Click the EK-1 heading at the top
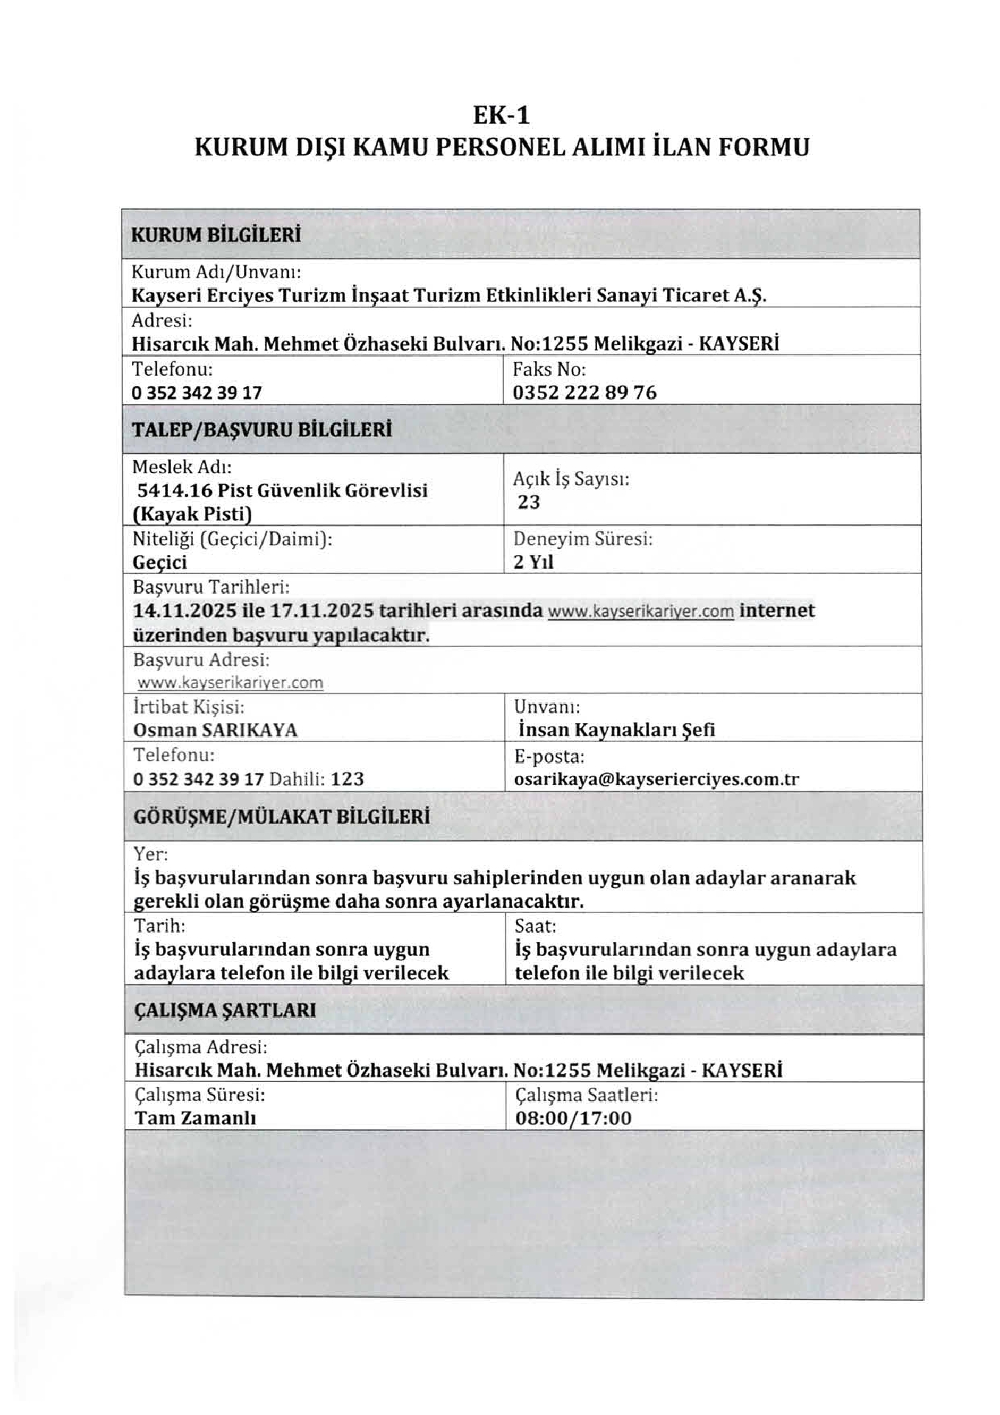[x=501, y=116]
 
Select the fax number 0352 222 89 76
[x=584, y=393]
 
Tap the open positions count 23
[x=529, y=503]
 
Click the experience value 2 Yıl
[x=534, y=562]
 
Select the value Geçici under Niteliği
[x=160, y=563]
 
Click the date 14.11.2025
[x=185, y=611]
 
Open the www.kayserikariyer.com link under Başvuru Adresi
[x=231, y=683]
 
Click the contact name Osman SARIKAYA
[x=215, y=730]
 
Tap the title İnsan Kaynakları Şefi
[x=617, y=730]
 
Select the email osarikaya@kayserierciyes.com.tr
[x=657, y=780]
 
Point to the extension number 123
[x=347, y=780]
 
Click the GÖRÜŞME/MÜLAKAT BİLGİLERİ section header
[x=282, y=817]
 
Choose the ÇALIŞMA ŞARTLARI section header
[x=225, y=1010]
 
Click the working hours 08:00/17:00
[x=573, y=1119]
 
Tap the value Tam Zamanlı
[x=195, y=1118]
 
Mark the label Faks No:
[x=549, y=369]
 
